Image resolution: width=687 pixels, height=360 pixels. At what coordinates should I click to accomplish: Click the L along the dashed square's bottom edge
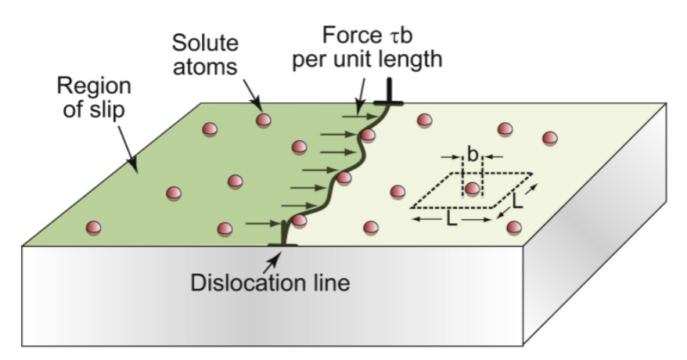[x=451, y=221]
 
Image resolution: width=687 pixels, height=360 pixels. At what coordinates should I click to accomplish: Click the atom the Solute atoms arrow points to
[x=264, y=120]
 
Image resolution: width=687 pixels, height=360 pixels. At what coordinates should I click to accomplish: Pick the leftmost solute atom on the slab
[x=93, y=227]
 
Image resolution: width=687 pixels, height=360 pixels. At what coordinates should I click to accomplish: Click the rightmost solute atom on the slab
[x=550, y=138]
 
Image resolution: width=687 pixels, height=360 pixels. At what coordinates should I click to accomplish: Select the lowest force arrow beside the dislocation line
[x=261, y=225]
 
